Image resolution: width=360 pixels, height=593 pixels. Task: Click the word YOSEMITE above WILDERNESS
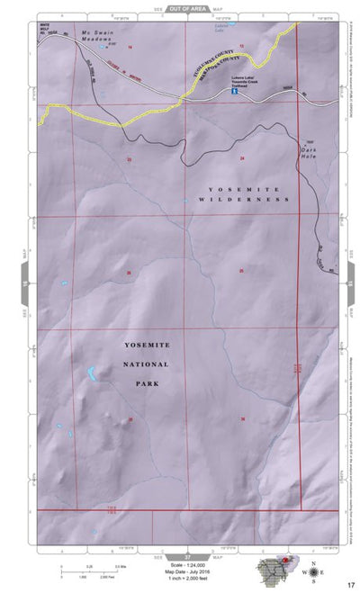pyautogui.click(x=227, y=188)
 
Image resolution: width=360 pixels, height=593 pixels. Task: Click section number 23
pyautogui.click(x=129, y=159)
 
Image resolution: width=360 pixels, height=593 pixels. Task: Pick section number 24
pyautogui.click(x=242, y=157)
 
